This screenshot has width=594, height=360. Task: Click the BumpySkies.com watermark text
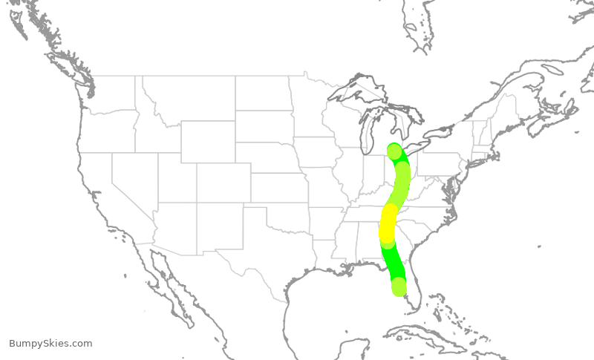50,344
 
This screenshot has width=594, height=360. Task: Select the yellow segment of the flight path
388,222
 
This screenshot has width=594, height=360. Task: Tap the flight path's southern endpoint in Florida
399,286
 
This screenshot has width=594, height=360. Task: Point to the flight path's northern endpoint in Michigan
394,151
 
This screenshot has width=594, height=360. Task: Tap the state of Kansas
278,189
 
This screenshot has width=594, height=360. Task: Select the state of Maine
513,104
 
